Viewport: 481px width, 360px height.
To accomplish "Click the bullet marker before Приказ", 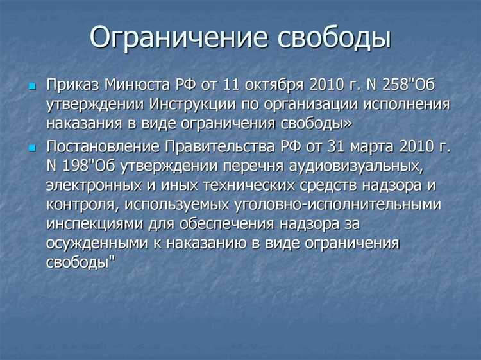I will click(33, 85).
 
